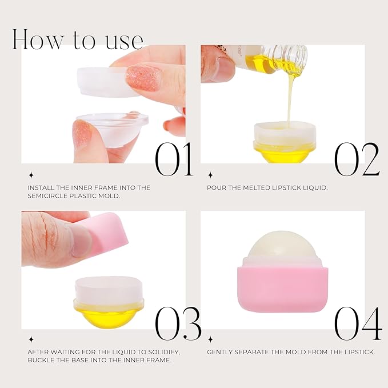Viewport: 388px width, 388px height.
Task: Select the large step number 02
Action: point(357,158)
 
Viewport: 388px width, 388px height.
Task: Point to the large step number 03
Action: point(178,324)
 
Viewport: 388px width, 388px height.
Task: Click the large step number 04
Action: point(358,324)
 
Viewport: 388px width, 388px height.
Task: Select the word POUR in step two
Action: point(217,187)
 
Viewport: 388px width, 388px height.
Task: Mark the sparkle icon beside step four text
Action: point(210,339)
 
